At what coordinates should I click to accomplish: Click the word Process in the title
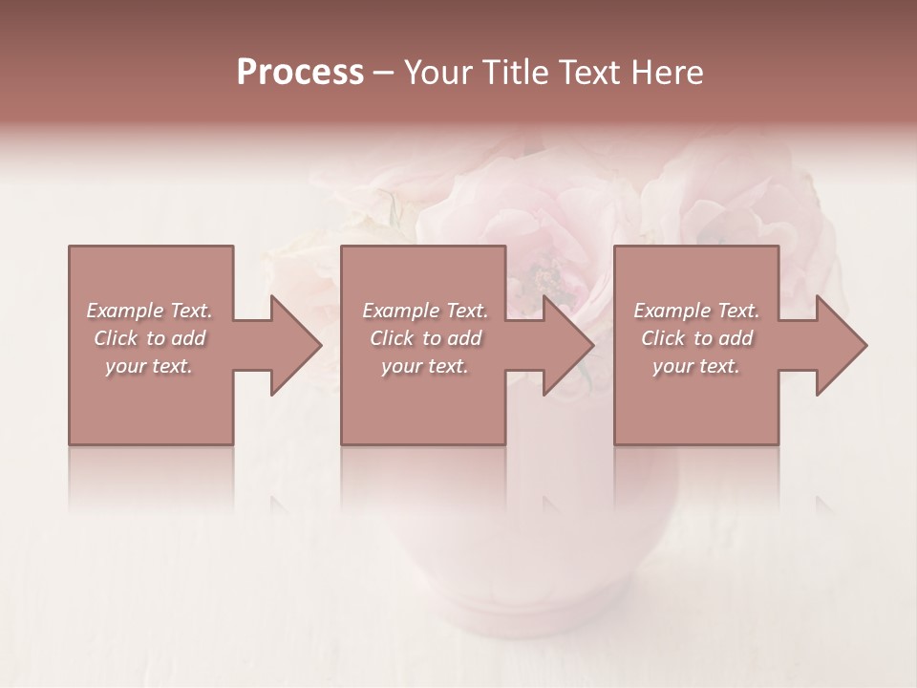click(300, 73)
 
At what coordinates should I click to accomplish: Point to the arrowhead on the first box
click(292, 345)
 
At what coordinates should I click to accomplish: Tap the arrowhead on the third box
click(839, 345)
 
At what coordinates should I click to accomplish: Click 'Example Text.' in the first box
click(149, 311)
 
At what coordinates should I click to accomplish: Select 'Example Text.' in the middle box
click(425, 311)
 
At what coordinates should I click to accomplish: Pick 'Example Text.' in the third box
click(696, 311)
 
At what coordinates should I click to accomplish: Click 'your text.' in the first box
click(149, 366)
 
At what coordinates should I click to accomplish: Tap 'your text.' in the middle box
click(425, 366)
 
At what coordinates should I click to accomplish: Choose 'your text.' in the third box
click(696, 366)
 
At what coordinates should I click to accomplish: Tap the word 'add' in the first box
click(189, 338)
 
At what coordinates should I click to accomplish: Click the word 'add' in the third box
click(736, 338)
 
